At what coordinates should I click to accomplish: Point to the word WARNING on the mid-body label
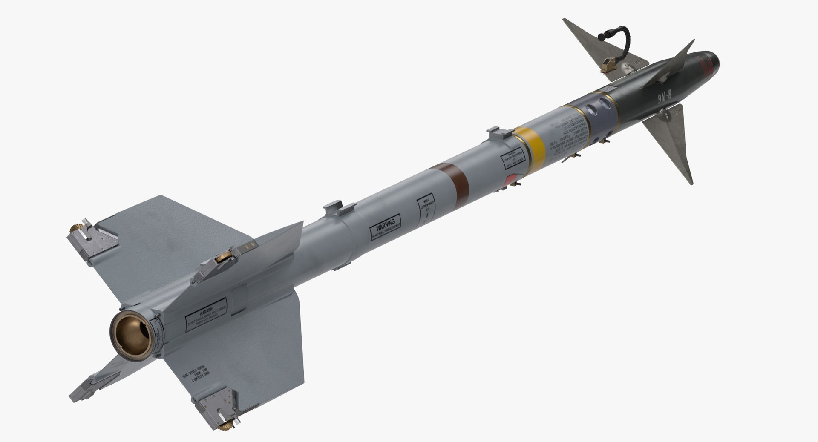pyautogui.click(x=385, y=223)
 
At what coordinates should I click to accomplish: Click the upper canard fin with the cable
pyautogui.click(x=592, y=49)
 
